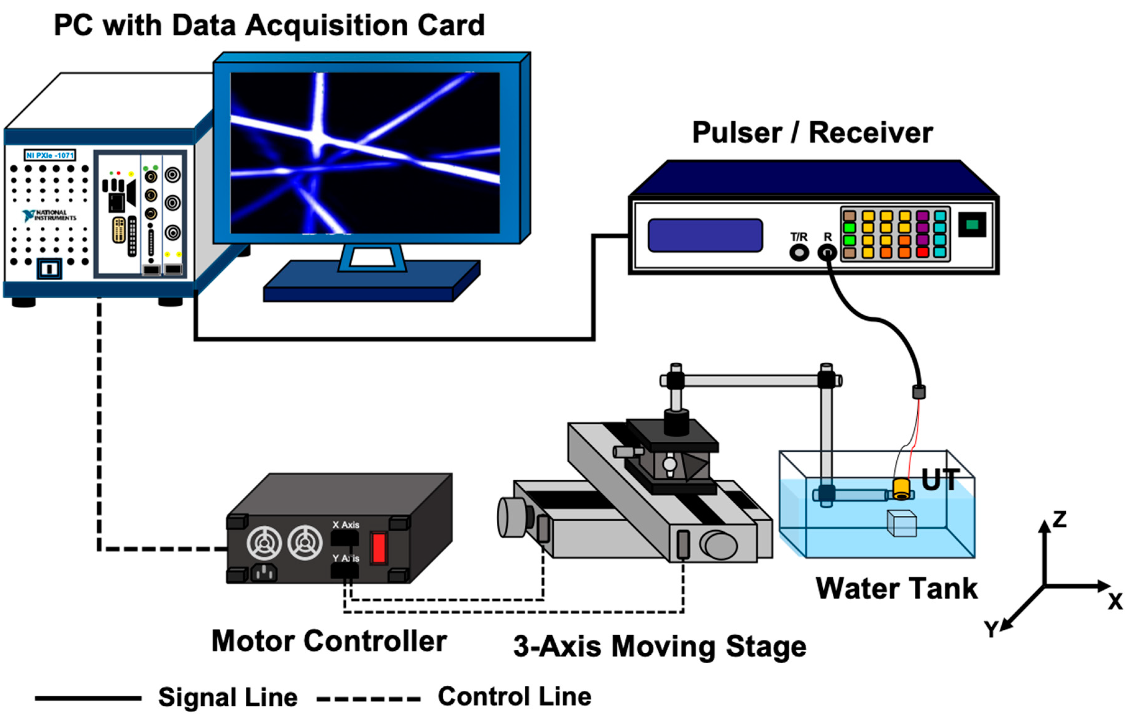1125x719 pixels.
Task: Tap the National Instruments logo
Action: click(49, 215)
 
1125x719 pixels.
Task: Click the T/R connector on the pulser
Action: click(799, 253)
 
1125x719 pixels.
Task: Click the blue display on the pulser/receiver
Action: click(705, 235)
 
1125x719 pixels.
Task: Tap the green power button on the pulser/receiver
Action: click(972, 225)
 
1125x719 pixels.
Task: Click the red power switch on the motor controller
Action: click(378, 547)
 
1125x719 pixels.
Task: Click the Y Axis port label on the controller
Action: click(346, 558)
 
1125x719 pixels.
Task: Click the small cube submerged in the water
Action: click(902, 523)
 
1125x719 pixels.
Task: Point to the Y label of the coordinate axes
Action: click(991, 630)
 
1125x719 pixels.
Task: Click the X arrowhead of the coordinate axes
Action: click(1104, 586)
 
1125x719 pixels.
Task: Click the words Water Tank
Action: click(896, 588)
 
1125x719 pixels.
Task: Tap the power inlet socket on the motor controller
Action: click(264, 573)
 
